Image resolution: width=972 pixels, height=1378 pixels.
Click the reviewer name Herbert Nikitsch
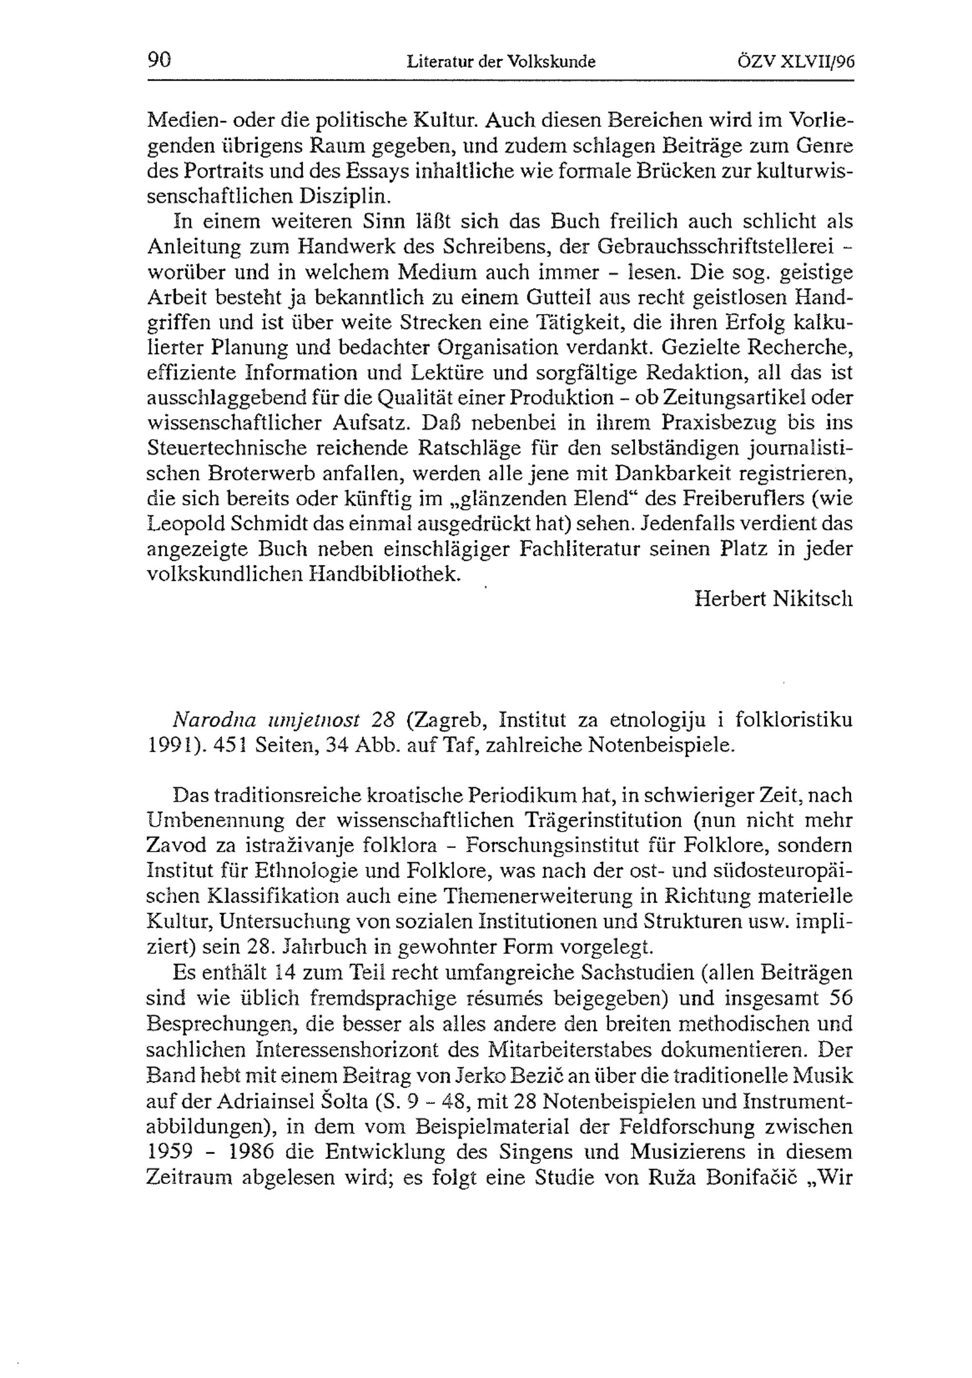tap(773, 599)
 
